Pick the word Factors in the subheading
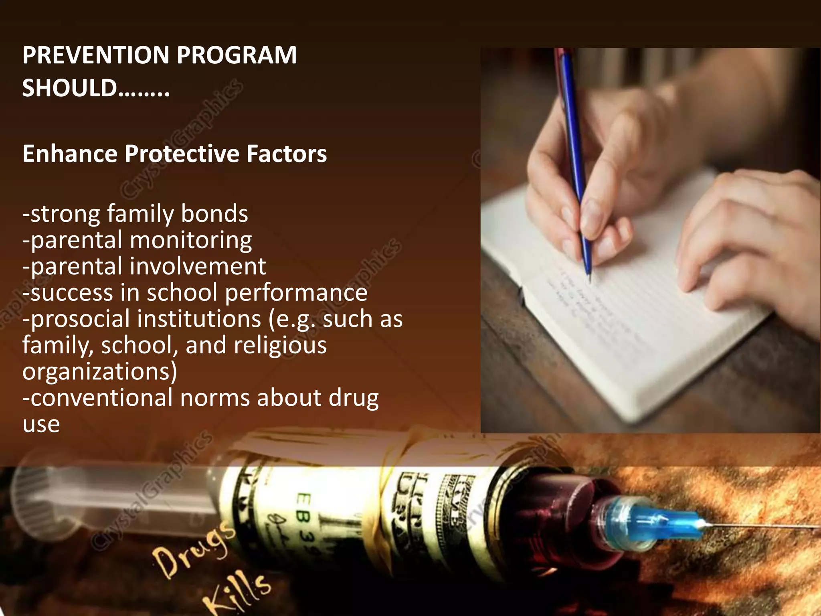click(287, 154)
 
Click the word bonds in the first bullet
click(214, 213)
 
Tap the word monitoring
click(191, 241)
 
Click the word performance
click(296, 293)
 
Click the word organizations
click(100, 372)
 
